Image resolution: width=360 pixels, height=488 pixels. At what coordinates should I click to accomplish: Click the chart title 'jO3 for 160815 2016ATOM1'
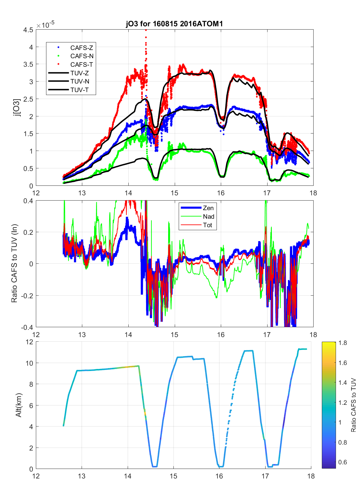(174, 24)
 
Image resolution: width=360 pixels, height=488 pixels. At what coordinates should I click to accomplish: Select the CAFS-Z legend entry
(82, 48)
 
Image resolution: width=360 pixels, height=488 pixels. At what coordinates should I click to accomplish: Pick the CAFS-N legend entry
(82, 56)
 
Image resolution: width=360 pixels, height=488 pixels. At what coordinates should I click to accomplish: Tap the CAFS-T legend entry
(82, 65)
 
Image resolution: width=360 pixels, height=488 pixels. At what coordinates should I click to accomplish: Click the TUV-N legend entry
(80, 82)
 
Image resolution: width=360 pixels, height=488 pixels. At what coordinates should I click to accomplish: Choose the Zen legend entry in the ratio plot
(208, 208)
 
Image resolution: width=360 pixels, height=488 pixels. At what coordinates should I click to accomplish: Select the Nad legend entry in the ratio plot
(208, 216)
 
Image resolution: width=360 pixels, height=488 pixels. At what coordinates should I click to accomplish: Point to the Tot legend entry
(208, 225)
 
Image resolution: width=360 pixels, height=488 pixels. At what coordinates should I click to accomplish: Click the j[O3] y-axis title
(16, 107)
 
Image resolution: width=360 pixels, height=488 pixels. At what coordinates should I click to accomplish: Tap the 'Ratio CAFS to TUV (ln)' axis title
(14, 263)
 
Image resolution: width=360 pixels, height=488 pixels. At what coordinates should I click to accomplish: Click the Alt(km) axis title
(18, 405)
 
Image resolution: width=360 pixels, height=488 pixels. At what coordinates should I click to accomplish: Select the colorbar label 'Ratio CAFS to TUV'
(353, 405)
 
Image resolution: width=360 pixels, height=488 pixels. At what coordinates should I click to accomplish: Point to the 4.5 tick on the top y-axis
(28, 30)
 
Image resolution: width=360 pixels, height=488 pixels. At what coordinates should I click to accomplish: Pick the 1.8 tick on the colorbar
(343, 343)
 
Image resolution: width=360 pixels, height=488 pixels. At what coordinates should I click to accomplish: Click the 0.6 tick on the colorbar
(343, 462)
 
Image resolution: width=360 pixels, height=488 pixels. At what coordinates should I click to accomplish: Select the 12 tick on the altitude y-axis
(30, 342)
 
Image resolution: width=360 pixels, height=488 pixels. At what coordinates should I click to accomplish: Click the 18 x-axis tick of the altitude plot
(311, 476)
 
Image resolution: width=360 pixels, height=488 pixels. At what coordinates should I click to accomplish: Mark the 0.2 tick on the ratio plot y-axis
(29, 232)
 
